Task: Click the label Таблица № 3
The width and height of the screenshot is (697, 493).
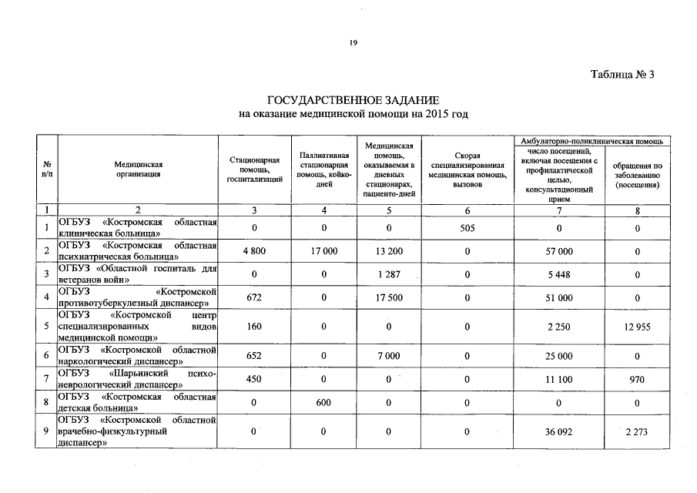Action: [622, 75]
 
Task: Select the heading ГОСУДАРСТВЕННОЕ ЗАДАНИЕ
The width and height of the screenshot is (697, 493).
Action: [353, 101]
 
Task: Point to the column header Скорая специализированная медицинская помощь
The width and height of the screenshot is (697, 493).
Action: [467, 169]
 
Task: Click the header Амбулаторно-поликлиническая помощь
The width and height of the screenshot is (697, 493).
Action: [592, 142]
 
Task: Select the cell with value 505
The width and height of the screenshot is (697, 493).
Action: [467, 227]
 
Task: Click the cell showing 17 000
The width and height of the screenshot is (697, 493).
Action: [324, 251]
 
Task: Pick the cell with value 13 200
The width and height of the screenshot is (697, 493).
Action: [389, 251]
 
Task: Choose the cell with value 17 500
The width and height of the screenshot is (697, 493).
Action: [389, 297]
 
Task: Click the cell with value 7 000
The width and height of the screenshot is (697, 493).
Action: [389, 356]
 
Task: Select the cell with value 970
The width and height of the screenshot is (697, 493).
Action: [637, 379]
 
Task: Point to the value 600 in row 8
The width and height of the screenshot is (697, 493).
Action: [324, 402]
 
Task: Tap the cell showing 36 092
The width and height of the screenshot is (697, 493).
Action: [559, 432]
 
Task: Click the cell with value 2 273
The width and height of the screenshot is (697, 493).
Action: [637, 432]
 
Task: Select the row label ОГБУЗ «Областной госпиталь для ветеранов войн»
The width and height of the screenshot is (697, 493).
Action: [137, 273]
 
